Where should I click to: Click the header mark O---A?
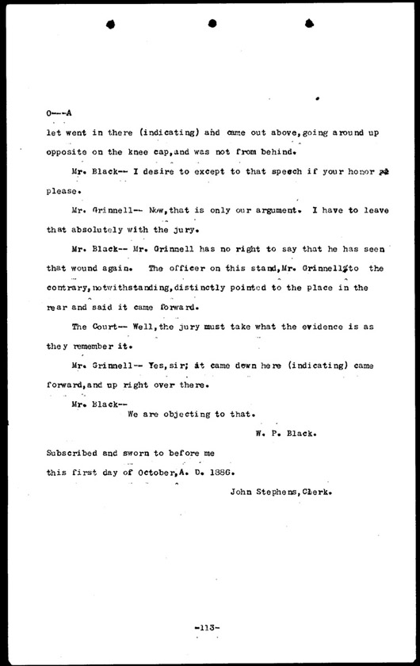click(x=59, y=115)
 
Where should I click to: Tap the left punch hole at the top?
click(x=111, y=23)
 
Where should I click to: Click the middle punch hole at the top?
click(x=212, y=23)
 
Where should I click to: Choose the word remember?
click(x=94, y=346)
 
